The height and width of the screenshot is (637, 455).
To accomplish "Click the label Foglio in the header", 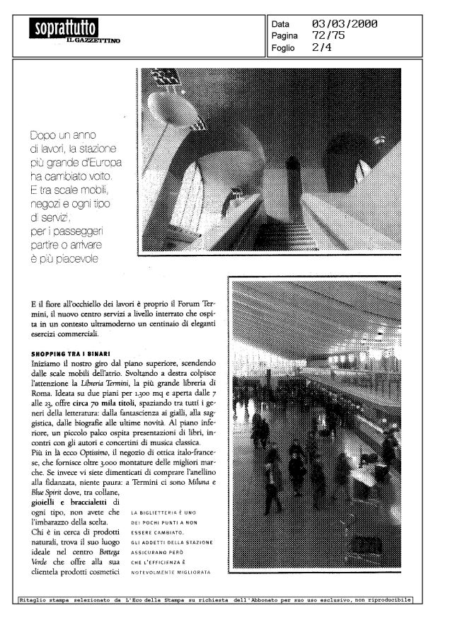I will [284, 48].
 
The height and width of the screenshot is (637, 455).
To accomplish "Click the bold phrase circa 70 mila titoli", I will [115, 401].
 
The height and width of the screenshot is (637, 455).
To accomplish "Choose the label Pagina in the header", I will [285, 36].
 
